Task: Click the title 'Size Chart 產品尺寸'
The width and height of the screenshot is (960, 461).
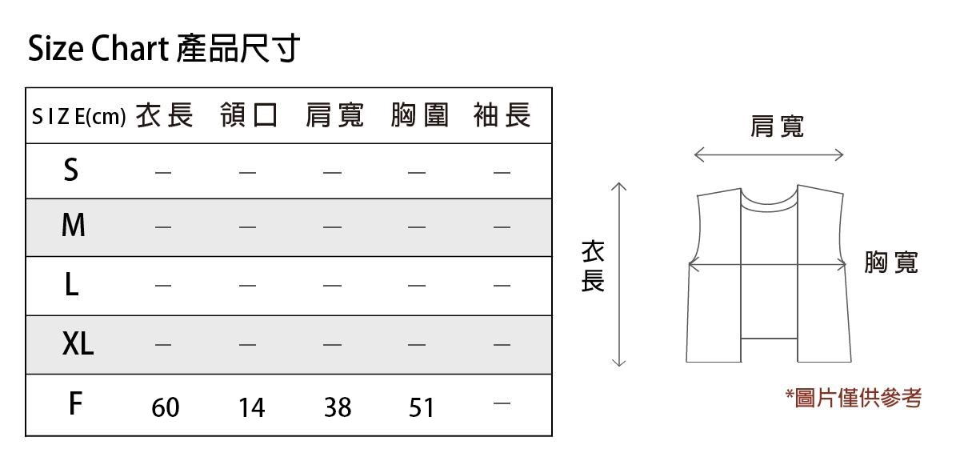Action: tap(164, 50)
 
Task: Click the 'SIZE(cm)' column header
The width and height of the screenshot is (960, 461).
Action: tap(78, 118)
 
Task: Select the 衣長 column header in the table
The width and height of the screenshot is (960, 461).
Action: tap(165, 116)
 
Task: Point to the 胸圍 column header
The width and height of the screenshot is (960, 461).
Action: tap(420, 116)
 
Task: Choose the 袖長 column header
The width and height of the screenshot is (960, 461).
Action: tap(502, 116)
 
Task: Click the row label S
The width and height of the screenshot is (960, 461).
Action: tap(71, 170)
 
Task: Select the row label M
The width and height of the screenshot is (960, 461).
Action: tap(73, 226)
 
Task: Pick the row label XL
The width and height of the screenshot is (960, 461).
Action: tap(78, 344)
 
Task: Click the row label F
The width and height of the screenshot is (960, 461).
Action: tap(75, 404)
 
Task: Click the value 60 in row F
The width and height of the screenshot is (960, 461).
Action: tap(166, 407)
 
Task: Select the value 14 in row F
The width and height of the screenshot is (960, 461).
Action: tap(251, 407)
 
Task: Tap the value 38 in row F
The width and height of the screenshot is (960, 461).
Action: tap(337, 407)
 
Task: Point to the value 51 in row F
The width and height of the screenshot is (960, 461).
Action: tap(421, 407)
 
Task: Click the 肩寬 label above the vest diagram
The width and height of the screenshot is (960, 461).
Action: tap(777, 126)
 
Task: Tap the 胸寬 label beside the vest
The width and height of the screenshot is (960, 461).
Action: tap(891, 262)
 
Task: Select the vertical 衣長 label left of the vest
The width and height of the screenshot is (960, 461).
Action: tap(592, 267)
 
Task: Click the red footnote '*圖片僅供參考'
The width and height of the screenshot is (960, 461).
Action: tap(853, 397)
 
